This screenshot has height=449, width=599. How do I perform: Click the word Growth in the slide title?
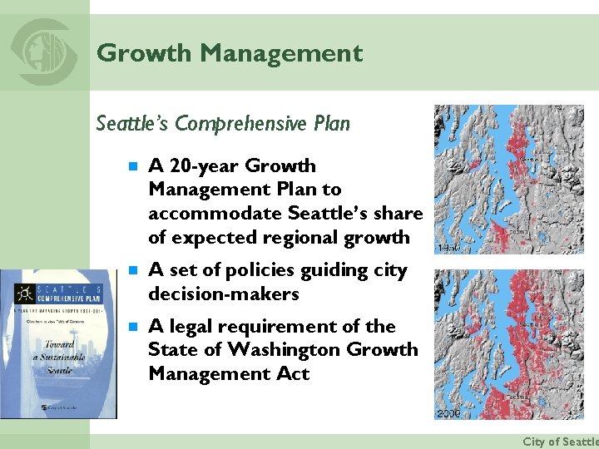pos(144,53)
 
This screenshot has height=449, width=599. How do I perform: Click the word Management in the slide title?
pos(281,53)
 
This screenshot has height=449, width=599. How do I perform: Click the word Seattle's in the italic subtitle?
pos(131,124)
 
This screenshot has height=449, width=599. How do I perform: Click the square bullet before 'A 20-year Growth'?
pos(131,166)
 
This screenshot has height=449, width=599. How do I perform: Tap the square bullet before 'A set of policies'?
pos(131,271)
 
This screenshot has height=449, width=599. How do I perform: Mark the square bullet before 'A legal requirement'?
pos(131,327)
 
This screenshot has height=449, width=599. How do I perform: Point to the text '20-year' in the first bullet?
pos(199,166)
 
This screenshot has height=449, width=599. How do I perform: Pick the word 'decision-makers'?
pos(223,294)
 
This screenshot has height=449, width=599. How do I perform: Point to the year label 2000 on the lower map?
pos(448,413)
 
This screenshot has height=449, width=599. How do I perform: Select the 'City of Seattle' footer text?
pos(559,442)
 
